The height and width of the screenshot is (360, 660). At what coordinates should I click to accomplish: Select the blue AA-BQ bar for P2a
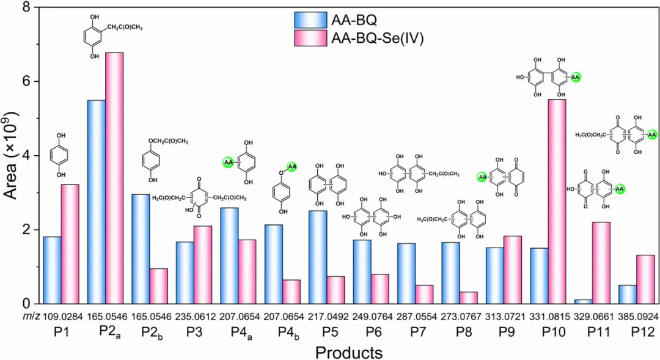click(97, 202)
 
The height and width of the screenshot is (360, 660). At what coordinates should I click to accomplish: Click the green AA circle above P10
click(576, 77)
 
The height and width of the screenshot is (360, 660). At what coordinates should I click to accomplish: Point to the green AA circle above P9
click(482, 177)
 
